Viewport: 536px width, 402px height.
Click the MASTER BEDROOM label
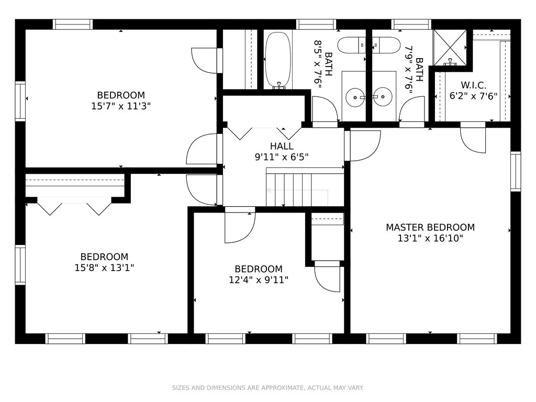430,227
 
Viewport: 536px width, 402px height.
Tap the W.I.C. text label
473,85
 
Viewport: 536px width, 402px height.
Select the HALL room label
282,147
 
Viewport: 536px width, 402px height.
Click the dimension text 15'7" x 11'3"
121,106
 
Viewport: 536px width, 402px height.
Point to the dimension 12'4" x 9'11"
259,280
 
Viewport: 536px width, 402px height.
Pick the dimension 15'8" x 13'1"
104,267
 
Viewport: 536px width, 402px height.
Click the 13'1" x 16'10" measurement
430,238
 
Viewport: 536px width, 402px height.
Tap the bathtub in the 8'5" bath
278,61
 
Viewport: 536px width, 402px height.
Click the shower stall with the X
450,47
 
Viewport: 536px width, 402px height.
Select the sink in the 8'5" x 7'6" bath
355,97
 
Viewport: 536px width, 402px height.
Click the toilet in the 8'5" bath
351,45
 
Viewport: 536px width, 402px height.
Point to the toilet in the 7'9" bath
386,45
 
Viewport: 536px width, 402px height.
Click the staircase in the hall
305,187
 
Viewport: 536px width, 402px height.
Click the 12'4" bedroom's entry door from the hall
240,227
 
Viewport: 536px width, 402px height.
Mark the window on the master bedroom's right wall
516,171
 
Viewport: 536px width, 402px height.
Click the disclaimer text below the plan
267,388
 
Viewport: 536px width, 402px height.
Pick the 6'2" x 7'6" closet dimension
473,96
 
